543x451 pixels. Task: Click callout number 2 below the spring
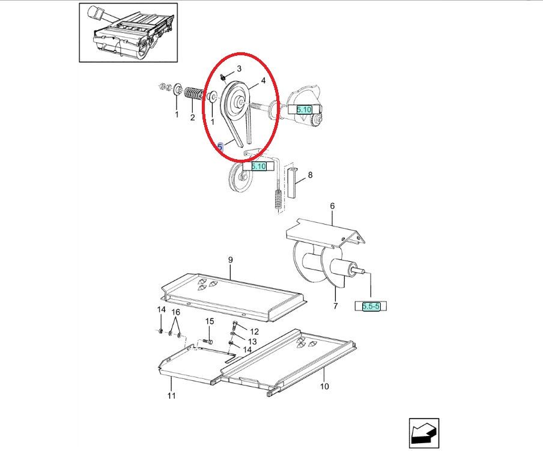[193, 118]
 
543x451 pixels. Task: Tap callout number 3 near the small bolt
[239, 68]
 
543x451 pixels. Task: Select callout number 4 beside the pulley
[263, 80]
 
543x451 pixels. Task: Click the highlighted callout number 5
[220, 147]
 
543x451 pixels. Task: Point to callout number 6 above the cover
[332, 206]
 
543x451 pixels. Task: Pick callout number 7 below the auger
[335, 306]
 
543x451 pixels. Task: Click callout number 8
[310, 175]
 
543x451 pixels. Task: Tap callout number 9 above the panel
[231, 260]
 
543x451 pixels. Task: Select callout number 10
[324, 386]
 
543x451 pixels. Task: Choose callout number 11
[172, 395]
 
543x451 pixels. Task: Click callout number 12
[255, 331]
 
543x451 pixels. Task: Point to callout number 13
[252, 342]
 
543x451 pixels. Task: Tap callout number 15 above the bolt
[210, 321]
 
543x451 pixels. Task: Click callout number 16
[176, 312]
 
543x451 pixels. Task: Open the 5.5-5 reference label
[371, 306]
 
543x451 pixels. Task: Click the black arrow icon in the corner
[424, 433]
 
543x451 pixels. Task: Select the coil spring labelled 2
[193, 94]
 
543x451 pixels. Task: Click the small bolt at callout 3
[223, 79]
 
